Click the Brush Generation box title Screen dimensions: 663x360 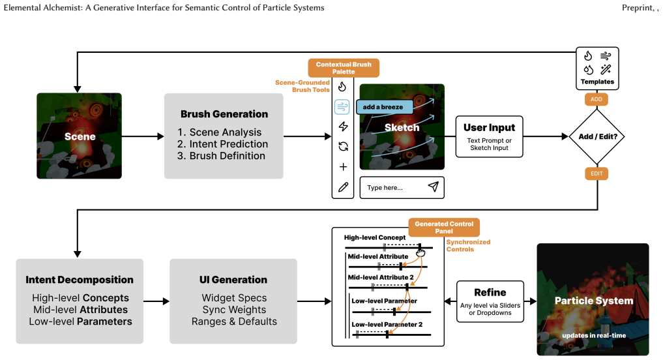(x=224, y=114)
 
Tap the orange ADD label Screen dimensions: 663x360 (x=597, y=99)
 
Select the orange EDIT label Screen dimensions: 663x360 (x=597, y=173)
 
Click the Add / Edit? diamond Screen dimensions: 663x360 (x=597, y=136)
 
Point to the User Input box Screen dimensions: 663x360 (x=489, y=137)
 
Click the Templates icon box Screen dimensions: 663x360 (x=597, y=68)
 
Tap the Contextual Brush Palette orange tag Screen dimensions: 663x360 (x=344, y=68)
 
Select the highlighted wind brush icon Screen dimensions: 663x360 (x=342, y=106)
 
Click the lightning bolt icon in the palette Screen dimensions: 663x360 (x=343, y=127)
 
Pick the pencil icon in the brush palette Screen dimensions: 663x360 (x=343, y=187)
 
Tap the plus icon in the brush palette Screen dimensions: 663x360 (x=343, y=167)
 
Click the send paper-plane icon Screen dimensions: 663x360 (x=433, y=187)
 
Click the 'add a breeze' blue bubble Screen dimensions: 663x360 (x=385, y=107)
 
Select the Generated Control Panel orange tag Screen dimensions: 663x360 (x=444, y=228)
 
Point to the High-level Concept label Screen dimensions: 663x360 (x=375, y=238)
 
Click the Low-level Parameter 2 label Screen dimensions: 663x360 (x=387, y=325)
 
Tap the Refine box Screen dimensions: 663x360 (x=490, y=301)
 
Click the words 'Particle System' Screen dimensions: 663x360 (x=594, y=301)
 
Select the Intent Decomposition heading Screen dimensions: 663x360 (x=80, y=280)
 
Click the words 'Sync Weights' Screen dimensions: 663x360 (x=234, y=310)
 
